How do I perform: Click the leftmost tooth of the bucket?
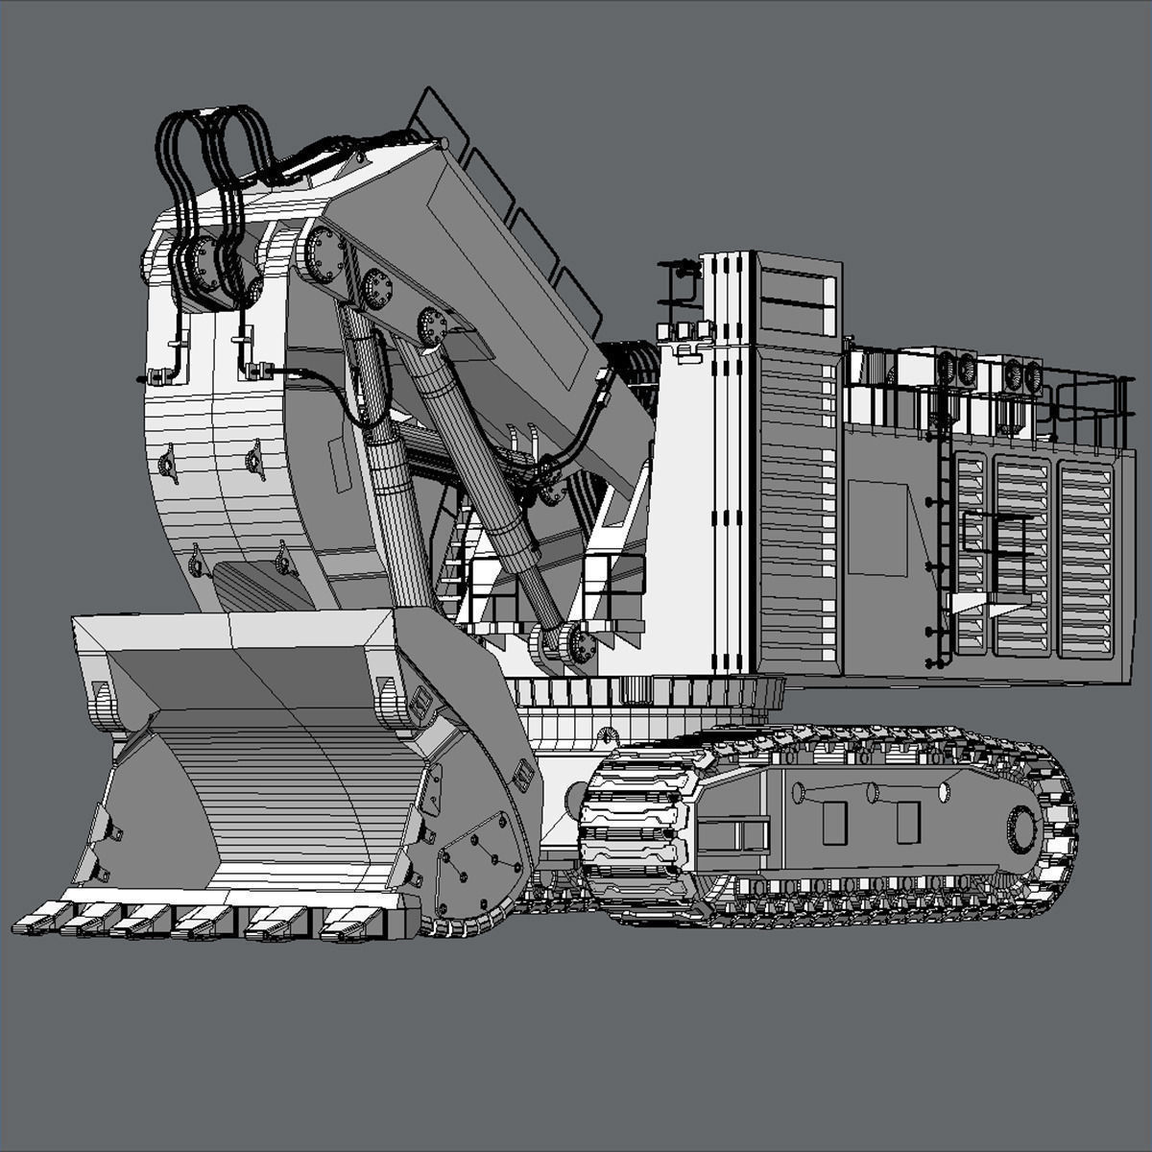pos(36,924)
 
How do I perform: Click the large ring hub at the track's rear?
pos(1021,828)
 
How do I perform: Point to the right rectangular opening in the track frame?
pos(907,822)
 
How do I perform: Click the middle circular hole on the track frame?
pos(872,793)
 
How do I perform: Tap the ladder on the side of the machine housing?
pos(944,557)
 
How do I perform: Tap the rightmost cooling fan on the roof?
pos(1032,375)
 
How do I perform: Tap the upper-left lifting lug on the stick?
pos(168,466)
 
